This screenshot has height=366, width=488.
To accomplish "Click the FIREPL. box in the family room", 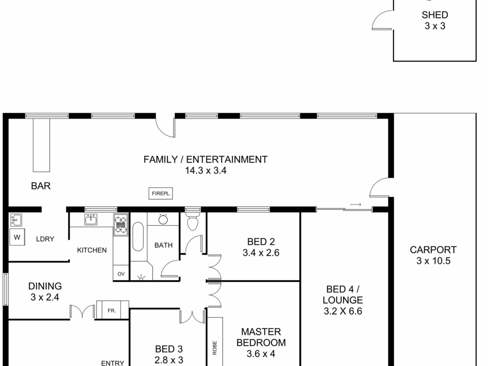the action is coord(161,193).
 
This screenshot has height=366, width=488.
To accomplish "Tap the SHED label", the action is coord(435,15).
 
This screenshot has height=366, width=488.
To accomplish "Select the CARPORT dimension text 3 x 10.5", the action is coord(433,261).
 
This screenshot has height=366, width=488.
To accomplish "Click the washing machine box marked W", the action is coord(17,237).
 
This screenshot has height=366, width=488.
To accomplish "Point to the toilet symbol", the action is coord(192,221).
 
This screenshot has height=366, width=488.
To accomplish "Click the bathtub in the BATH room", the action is coord(138,237).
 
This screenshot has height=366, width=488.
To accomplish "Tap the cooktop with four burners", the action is coord(120,225).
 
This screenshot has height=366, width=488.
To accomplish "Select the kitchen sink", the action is coord(91,219).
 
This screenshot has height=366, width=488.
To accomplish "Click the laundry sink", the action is coord(16,220).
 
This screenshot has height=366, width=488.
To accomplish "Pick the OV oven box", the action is coord(121,274).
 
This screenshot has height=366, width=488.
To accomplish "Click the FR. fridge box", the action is coord(112,310).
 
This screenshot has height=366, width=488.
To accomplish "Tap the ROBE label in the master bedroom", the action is coord(215,348).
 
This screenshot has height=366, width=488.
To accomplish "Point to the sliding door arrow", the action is coord(355,204).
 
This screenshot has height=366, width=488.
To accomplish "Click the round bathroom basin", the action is coord(163,220).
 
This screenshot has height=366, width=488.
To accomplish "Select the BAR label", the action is coord(41,186).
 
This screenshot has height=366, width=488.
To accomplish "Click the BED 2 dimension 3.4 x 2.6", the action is coord(261,253).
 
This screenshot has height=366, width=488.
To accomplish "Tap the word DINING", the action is coord(45,286).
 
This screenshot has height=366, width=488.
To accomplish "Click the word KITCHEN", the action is coord(92,250).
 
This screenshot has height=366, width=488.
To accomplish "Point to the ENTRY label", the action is coord(113,363).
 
